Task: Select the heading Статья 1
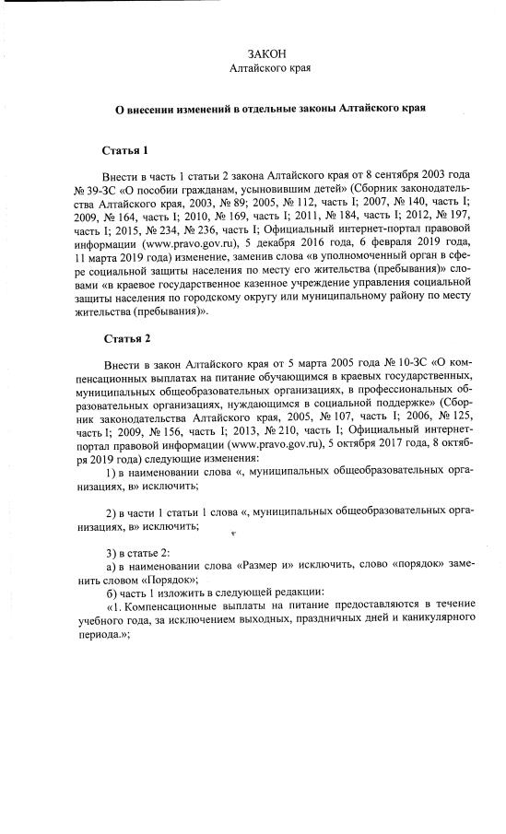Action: [x=125, y=149]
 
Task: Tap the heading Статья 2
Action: [x=125, y=338]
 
